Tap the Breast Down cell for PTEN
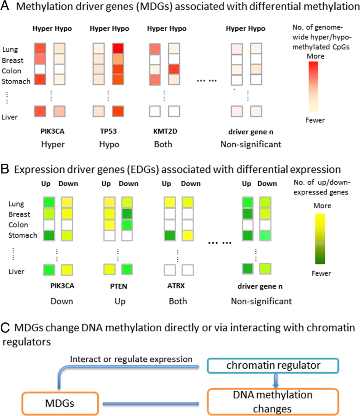tap(127, 214)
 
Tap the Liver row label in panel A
tap(10, 117)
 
